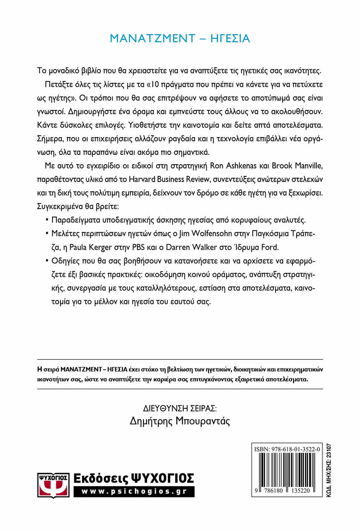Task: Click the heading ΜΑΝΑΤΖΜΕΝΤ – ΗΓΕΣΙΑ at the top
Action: tap(180, 38)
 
